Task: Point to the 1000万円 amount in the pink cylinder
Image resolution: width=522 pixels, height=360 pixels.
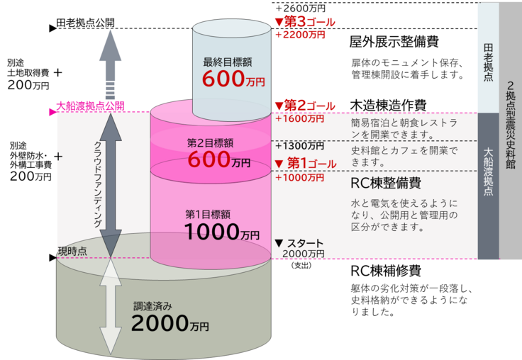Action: coord(221,232)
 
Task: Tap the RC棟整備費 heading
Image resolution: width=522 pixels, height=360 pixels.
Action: coord(387,183)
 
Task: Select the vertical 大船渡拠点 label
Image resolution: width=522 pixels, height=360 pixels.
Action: coord(488,173)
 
